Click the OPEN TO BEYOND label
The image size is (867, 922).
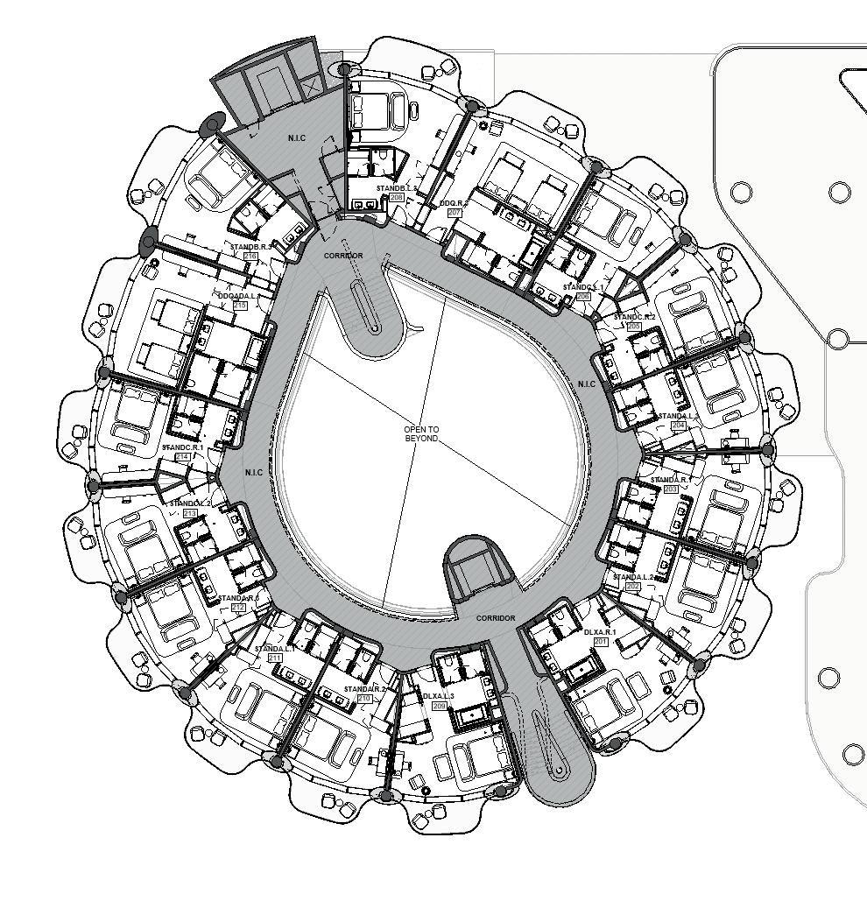pos(421,433)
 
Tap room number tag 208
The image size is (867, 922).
pos(397,198)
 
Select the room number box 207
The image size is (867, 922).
pos(455,213)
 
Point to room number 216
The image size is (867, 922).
pos(250,257)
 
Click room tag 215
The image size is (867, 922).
pos(240,306)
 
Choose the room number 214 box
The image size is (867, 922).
pos(183,457)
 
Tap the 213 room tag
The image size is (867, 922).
pos(190,513)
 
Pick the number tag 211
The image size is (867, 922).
pos(275,658)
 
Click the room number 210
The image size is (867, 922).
pos(365,699)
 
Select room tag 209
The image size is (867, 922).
pos(439,705)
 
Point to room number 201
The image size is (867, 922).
pos(601,642)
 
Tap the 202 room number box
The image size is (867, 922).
pos(632,586)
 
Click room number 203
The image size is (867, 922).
pos(671,489)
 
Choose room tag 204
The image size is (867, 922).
pos(678,425)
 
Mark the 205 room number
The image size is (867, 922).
pos(634,326)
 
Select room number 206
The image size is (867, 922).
pos(583,297)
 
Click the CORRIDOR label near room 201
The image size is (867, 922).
pos(496,618)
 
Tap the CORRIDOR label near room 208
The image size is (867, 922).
pos(343,256)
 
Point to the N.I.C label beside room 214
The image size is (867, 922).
pos(254,473)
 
